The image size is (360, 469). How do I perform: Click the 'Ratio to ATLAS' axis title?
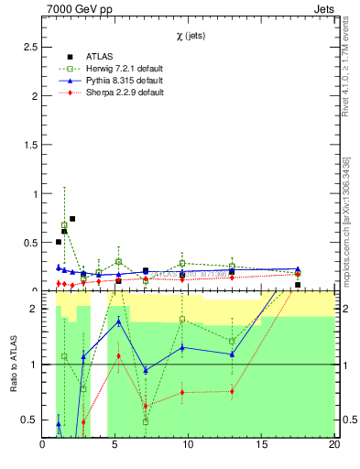click(14, 365)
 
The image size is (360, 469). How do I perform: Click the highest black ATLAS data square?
click(72, 219)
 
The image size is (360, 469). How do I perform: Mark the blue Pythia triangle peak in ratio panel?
click(119, 322)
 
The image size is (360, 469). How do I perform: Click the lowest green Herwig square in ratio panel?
click(146, 421)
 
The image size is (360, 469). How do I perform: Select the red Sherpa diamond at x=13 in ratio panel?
click(232, 391)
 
